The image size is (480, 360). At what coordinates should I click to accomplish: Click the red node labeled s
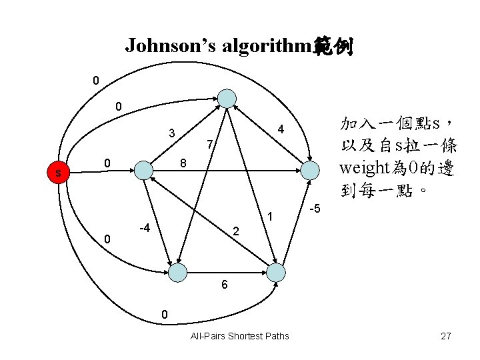(59, 174)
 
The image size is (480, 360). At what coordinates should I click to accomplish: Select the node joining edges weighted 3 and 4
(227, 98)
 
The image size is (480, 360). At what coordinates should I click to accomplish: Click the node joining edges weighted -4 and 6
(177, 272)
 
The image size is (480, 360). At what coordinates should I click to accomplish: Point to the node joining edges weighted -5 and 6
(275, 271)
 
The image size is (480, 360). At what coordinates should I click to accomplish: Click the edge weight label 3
(172, 133)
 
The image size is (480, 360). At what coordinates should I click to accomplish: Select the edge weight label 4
(281, 129)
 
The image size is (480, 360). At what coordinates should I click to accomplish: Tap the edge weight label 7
(209, 145)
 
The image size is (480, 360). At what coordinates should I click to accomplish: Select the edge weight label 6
(225, 285)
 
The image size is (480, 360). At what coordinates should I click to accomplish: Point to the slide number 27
(446, 336)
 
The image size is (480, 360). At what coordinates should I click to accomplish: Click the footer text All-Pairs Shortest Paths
(240, 336)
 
